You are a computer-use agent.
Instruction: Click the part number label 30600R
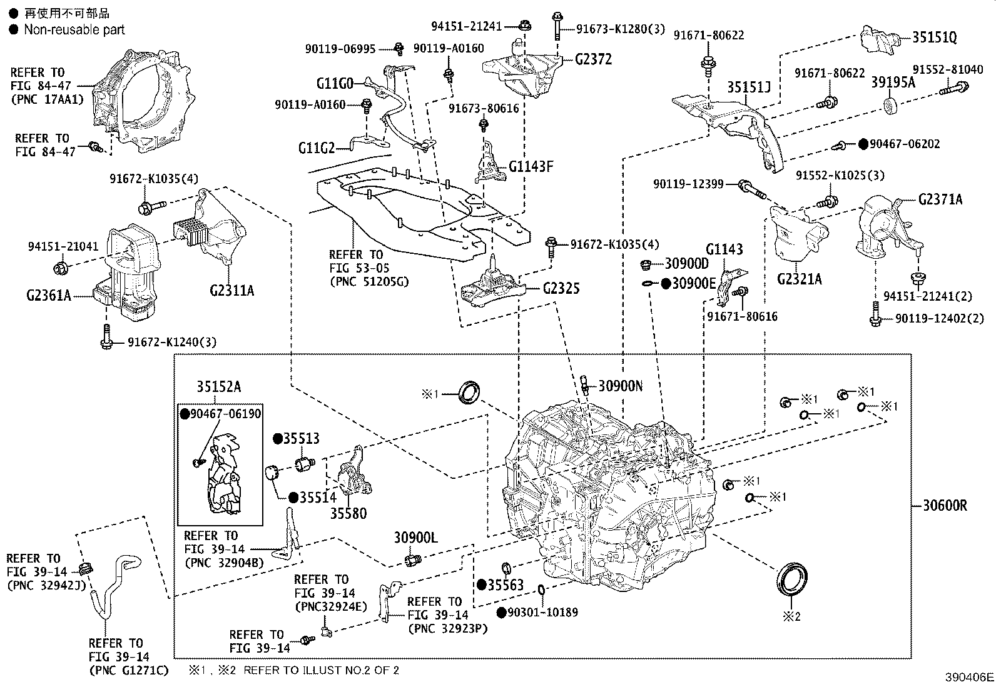point(945,505)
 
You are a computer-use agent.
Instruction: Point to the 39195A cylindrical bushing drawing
point(891,104)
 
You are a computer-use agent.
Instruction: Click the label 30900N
point(620,386)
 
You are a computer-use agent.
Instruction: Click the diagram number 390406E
point(969,677)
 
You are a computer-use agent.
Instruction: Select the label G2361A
point(49,294)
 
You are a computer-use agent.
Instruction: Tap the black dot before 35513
point(277,439)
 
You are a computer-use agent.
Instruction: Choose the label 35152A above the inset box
point(218,386)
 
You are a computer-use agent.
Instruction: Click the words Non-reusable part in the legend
point(74,29)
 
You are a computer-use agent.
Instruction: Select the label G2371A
point(940,199)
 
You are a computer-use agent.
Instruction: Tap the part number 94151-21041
point(63,246)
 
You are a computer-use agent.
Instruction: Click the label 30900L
point(415,537)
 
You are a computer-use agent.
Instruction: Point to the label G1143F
point(531,166)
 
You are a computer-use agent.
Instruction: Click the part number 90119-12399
point(688,184)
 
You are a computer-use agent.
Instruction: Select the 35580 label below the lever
point(349,514)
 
